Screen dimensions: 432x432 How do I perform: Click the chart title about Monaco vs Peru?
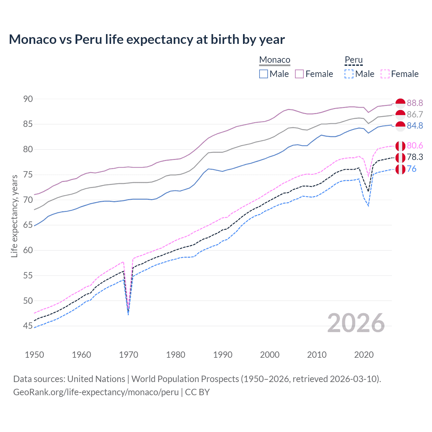click(x=147, y=39)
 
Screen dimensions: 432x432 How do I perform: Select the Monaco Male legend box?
click(x=264, y=74)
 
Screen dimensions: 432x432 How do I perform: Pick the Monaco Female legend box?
click(x=299, y=74)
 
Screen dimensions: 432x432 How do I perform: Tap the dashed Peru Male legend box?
click(x=349, y=74)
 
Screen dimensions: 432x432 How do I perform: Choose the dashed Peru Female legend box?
click(x=385, y=74)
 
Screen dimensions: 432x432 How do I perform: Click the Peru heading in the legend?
click(x=353, y=60)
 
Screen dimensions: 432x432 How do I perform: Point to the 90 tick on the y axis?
click(x=28, y=99)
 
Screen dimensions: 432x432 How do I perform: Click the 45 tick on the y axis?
click(x=28, y=326)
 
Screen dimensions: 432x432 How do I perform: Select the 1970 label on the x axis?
click(x=129, y=355)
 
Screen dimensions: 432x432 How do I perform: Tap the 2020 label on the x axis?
click(x=364, y=355)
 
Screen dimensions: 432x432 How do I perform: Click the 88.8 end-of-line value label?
click(x=415, y=103)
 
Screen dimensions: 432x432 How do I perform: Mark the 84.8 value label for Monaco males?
click(x=415, y=126)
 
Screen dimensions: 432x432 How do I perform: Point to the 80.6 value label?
click(x=415, y=145)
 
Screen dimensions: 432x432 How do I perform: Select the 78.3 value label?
click(x=415, y=157)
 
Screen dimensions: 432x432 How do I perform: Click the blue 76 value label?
click(x=411, y=169)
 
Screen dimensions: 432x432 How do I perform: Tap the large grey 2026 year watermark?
click(x=356, y=323)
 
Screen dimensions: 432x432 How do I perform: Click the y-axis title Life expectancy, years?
click(x=14, y=216)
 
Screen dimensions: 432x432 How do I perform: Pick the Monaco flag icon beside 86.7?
click(x=400, y=114)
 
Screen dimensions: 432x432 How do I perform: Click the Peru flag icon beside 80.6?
click(x=400, y=146)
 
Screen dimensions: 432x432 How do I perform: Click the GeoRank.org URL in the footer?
click(x=96, y=392)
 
